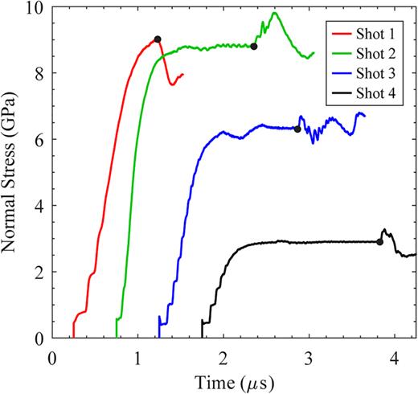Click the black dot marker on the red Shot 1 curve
tap(158, 39)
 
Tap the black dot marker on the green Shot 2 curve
tap(254, 47)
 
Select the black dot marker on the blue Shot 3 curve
tap(297, 129)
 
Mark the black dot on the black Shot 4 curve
tap(380, 242)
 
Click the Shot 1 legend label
tap(375, 36)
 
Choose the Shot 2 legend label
tap(375, 55)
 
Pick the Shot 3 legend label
tap(375, 74)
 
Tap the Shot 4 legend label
tap(375, 93)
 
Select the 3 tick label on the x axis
tap(309, 355)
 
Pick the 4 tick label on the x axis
tap(395, 355)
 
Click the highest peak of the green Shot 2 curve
tap(275, 12)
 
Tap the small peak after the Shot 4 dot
tap(385, 230)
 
